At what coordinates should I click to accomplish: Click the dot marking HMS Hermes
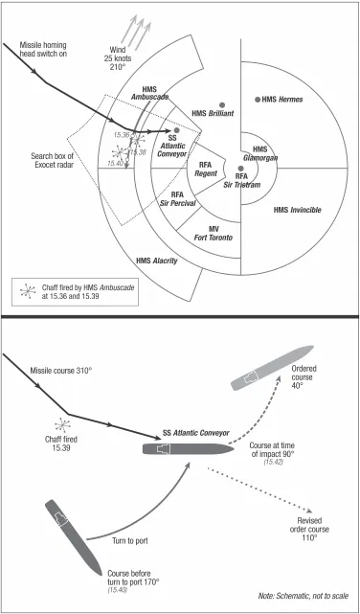pos(258,100)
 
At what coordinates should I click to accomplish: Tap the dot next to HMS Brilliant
pos(222,105)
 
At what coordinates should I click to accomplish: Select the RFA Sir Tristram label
pos(242,180)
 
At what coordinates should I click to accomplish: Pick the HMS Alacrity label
pos(157,261)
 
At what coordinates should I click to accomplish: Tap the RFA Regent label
pos(205,170)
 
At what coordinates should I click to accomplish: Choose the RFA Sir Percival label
pos(177,198)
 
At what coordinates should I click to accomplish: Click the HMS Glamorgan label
pos(260,153)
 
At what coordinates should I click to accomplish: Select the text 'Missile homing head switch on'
pos(43,50)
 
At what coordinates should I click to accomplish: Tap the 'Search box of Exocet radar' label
pos(53,160)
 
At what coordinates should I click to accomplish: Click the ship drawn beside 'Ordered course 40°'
pos(273,368)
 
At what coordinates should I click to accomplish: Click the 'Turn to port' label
pos(130,541)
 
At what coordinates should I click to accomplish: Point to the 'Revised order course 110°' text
pos(309,530)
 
